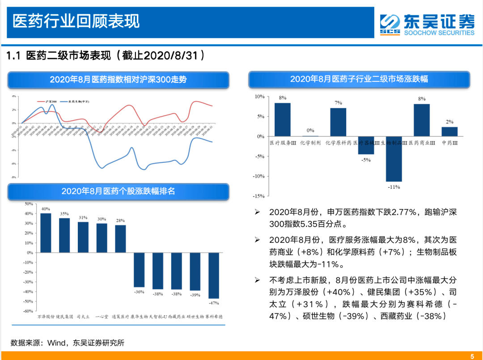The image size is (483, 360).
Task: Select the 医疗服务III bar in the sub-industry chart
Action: pos(283,120)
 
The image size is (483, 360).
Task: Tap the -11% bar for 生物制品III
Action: pos(394,159)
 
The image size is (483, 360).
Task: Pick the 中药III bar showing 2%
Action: pos(449,131)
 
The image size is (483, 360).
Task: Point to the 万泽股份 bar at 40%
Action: pos(46,233)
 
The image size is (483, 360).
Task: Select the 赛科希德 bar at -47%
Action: pos(214,275)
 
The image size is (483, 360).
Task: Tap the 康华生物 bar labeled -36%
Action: pos(139,270)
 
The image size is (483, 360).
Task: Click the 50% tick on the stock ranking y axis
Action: pos(28,203)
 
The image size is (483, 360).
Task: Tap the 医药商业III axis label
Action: pos(422,143)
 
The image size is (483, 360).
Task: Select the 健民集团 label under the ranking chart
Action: pos(64,317)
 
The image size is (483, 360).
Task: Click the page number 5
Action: pos(472,356)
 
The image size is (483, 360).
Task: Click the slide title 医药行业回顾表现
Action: pos(76,21)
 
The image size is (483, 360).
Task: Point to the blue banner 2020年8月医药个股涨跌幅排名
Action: pos(118,191)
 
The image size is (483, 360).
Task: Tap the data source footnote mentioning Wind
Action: pos(68,343)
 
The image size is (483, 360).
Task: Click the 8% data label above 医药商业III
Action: pos(422,99)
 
